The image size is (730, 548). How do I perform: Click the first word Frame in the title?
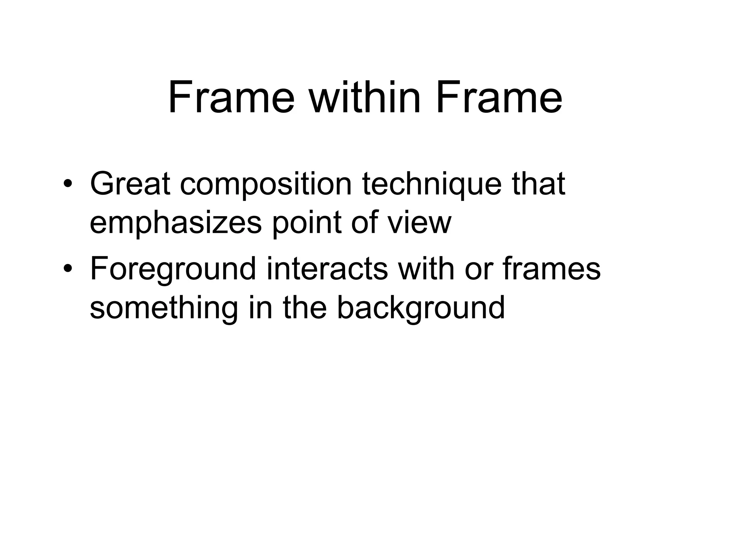click(x=231, y=98)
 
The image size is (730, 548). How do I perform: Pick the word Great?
click(x=130, y=184)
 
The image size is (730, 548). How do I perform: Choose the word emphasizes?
click(x=175, y=223)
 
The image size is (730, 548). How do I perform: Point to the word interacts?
click(x=327, y=269)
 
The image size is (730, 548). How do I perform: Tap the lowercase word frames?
click(x=551, y=269)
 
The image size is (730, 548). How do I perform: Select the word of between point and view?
click(x=365, y=223)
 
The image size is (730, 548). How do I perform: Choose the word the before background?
click(x=305, y=308)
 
